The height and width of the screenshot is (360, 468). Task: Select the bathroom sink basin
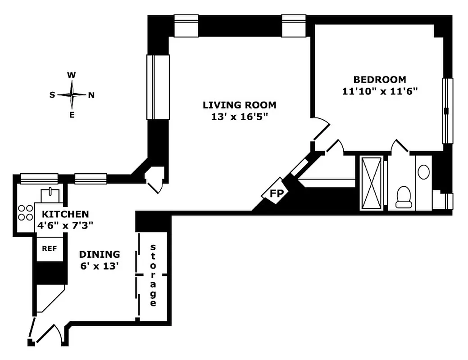pyautogui.click(x=423, y=171)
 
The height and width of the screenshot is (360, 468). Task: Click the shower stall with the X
pyautogui.click(x=372, y=182)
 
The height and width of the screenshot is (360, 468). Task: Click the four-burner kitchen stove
pyautogui.click(x=26, y=212)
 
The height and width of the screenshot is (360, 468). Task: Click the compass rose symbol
pyautogui.click(x=72, y=94)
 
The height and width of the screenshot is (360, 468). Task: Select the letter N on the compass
pyautogui.click(x=91, y=95)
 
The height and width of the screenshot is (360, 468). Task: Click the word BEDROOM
pyautogui.click(x=379, y=80)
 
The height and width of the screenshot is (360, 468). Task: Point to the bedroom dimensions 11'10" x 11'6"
pyautogui.click(x=380, y=91)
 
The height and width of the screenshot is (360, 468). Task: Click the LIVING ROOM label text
pyautogui.click(x=239, y=105)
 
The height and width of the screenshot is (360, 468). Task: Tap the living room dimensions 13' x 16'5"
pyautogui.click(x=239, y=117)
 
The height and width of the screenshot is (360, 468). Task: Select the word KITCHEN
pyautogui.click(x=65, y=214)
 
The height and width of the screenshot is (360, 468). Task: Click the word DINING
pyautogui.click(x=100, y=254)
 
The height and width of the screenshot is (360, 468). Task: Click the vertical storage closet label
pyautogui.click(x=153, y=275)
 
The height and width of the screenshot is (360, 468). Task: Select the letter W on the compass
pyautogui.click(x=71, y=75)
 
